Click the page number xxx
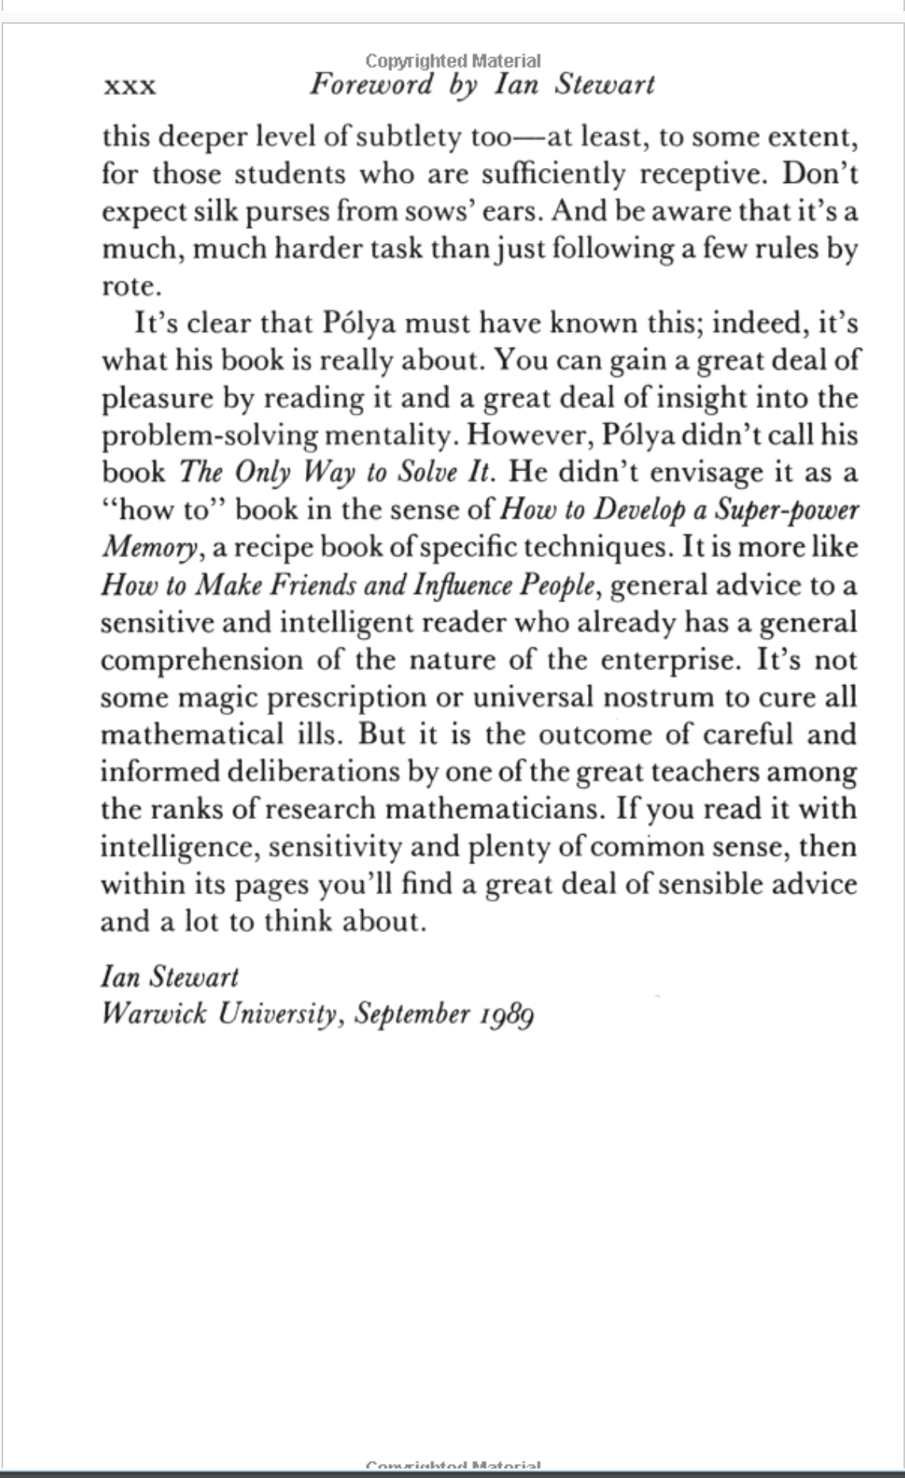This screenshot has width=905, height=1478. point(129,86)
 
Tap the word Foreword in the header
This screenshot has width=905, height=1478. point(372,84)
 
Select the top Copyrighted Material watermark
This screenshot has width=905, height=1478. point(452,61)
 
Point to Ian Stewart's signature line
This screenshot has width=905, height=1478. point(170,977)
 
